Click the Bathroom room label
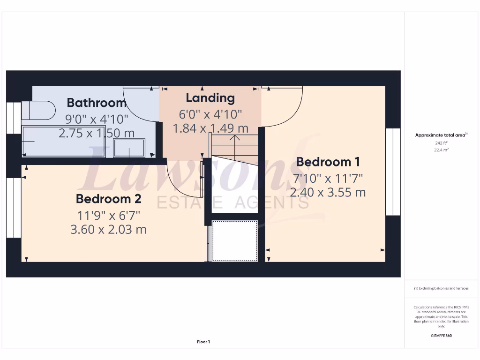tap(97, 102)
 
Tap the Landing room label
tap(210, 98)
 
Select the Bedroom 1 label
tap(328, 162)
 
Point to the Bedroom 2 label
tap(108, 199)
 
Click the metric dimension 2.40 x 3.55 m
tap(328, 192)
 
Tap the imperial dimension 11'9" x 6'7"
tap(108, 215)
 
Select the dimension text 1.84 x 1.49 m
tap(210, 128)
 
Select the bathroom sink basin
tap(129, 149)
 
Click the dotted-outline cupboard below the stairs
tap(235, 240)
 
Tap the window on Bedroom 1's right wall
tap(392, 172)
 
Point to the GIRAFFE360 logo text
tap(441, 336)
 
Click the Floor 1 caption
tap(203, 342)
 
